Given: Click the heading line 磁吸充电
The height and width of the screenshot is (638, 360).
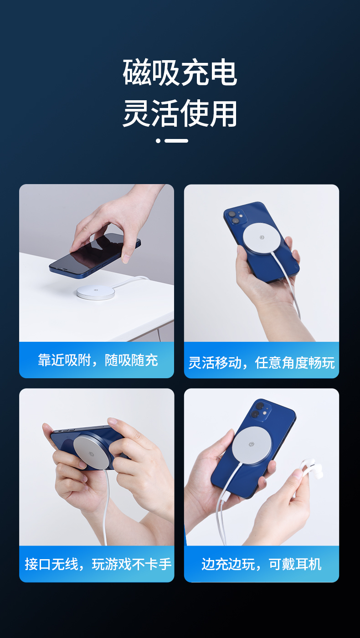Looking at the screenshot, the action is click(x=180, y=72).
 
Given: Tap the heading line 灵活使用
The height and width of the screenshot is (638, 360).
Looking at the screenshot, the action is click(x=180, y=113).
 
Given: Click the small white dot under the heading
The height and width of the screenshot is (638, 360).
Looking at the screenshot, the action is click(x=158, y=141).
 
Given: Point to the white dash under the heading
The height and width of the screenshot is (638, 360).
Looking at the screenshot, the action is click(x=176, y=141).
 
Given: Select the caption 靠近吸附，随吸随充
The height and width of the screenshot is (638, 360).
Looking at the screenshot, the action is click(x=98, y=360).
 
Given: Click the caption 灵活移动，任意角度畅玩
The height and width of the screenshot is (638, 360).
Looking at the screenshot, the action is click(x=262, y=363).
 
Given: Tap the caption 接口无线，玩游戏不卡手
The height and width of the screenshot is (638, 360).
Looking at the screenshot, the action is click(x=98, y=564).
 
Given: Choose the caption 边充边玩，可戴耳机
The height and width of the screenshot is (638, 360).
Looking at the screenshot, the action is click(x=262, y=564).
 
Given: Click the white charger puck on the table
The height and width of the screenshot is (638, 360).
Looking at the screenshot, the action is click(x=96, y=292).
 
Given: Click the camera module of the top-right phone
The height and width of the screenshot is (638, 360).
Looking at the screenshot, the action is click(x=236, y=217).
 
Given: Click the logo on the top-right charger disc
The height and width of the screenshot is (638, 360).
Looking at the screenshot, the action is click(x=262, y=237).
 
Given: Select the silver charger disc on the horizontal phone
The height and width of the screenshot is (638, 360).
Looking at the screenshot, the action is click(x=93, y=452).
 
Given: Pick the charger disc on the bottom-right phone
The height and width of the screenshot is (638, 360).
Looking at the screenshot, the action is click(x=252, y=445).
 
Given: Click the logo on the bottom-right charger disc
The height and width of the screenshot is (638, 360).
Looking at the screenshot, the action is click(x=252, y=445).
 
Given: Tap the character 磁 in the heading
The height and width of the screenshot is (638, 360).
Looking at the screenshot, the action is click(x=136, y=72).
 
